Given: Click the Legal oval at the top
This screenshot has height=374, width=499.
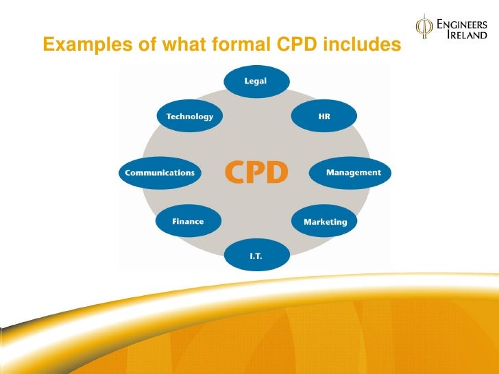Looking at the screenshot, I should point(255,82).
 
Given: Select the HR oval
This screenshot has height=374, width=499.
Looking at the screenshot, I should point(324,116).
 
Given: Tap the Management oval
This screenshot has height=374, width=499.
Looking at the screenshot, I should point(353,173).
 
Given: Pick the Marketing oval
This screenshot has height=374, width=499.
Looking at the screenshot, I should point(325,222).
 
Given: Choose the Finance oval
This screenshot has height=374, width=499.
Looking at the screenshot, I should point(188,221).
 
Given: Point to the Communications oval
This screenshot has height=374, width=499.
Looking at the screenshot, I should point(159,173).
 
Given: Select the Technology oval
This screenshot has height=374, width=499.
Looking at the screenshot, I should point(189,116).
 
